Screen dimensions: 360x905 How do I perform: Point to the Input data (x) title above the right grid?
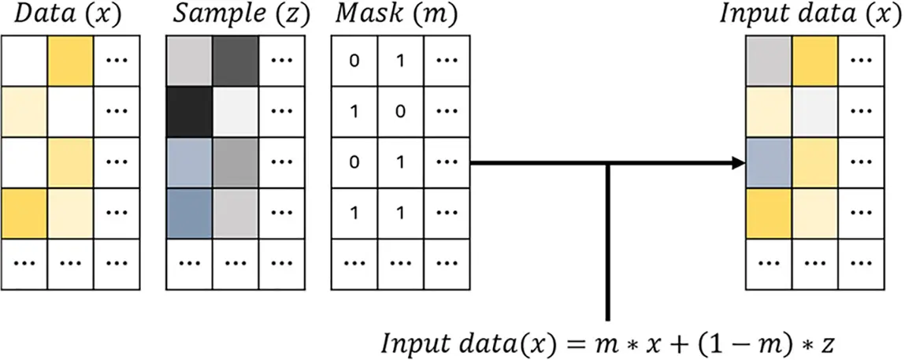click(x=810, y=15)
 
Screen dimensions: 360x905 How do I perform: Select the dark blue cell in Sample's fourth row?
click(x=190, y=213)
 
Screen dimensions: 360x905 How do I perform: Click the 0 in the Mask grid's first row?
click(x=354, y=61)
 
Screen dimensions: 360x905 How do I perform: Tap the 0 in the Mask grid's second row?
click(x=400, y=112)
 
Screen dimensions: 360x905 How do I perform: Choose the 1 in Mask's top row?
click(x=400, y=61)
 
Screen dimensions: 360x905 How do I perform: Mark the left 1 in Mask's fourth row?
click(x=354, y=213)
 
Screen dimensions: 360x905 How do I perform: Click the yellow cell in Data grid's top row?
click(x=71, y=61)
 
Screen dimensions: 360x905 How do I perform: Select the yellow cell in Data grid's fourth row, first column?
click(x=24, y=213)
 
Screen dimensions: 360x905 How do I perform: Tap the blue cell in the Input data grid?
click(x=769, y=163)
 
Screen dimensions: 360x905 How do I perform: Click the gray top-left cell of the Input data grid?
click(x=769, y=61)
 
